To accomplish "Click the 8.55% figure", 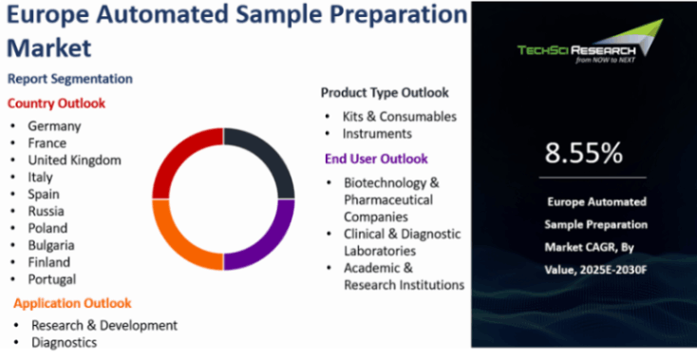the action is pyautogui.click(x=584, y=153).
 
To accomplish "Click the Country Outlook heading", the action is pyautogui.click(x=56, y=104).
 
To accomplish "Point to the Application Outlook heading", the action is pyautogui.click(x=72, y=303).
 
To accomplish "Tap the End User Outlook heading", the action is pyautogui.click(x=376, y=160).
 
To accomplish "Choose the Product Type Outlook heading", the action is pyautogui.click(x=385, y=93).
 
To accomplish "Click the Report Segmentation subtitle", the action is pyautogui.click(x=70, y=79).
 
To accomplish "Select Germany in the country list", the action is pyautogui.click(x=54, y=126).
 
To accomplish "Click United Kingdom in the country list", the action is pyautogui.click(x=74, y=160).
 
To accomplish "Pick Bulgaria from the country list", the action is pyautogui.click(x=51, y=245).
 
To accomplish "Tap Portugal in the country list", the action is pyautogui.click(x=52, y=279).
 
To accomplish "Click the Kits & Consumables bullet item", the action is pyautogui.click(x=399, y=117).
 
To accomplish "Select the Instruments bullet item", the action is pyautogui.click(x=377, y=133).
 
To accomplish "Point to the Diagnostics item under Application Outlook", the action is pyautogui.click(x=64, y=342).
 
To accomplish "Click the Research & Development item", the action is pyautogui.click(x=104, y=326).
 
